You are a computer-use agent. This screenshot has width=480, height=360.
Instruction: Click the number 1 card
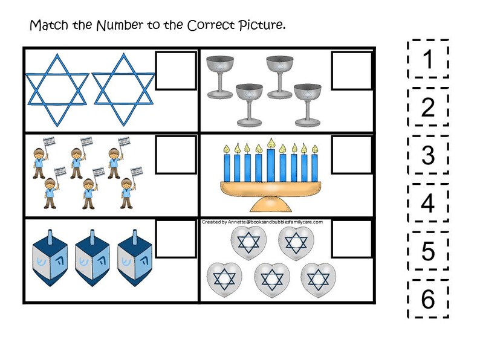pos(427,59)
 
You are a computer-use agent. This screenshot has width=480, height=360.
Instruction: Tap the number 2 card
pos(427,107)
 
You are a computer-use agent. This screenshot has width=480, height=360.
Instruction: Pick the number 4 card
pos(427,203)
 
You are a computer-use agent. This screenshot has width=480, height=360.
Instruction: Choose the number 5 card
pos(427,251)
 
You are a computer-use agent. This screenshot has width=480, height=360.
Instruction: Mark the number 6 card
pos(427,298)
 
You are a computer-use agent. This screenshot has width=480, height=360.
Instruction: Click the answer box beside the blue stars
pos(177,71)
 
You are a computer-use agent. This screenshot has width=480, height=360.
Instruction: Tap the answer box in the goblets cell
pos(352,71)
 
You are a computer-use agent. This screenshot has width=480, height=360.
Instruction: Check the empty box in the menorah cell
pos(352,155)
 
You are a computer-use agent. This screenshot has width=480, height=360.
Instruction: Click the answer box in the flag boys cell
pos(177,155)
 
